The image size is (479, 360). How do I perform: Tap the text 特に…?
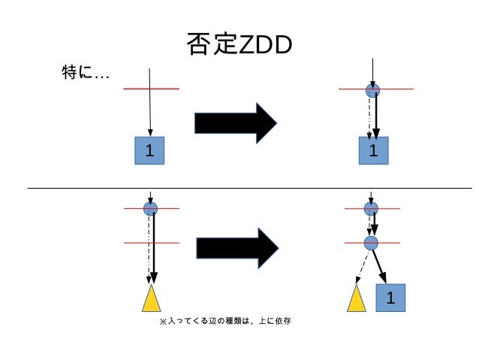(85, 73)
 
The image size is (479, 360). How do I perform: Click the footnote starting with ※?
(224, 321)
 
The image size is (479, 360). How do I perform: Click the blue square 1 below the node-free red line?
(149, 150)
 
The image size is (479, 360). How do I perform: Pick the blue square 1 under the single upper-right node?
(372, 150)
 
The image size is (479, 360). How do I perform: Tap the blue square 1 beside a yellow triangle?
(390, 298)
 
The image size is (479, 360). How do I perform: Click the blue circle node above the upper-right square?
(372, 90)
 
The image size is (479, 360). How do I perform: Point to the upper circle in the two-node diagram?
(371, 208)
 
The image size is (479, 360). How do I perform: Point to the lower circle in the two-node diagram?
(371, 242)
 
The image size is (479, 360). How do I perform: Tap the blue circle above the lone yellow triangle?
(150, 208)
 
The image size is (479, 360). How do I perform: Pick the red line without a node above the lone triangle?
(135, 243)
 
